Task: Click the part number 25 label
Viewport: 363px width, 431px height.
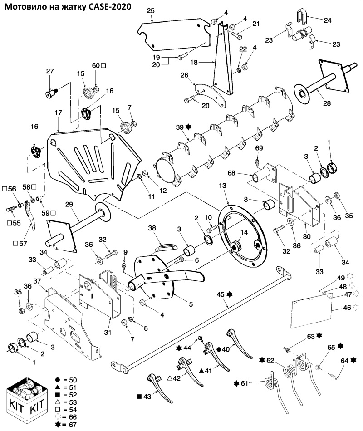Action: [151, 11]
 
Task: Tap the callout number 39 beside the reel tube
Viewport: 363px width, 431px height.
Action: [180, 127]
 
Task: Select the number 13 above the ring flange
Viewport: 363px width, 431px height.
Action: [222, 186]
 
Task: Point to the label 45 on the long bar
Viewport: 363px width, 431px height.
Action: [221, 294]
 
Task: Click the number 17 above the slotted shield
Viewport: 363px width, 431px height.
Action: [59, 113]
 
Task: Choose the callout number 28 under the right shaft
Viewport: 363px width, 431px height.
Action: [327, 103]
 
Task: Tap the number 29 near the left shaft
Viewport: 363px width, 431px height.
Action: [69, 204]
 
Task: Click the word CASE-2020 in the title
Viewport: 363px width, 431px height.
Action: [110, 7]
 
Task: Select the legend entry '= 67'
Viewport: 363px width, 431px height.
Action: [70, 425]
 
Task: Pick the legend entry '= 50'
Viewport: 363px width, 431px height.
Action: [70, 380]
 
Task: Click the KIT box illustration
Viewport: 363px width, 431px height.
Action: [25, 401]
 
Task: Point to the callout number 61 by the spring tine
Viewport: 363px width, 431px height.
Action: [245, 383]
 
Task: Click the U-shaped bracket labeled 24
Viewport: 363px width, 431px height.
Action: [302, 16]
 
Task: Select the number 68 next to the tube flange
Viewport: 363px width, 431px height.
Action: [232, 173]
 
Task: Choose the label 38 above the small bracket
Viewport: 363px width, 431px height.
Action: [152, 228]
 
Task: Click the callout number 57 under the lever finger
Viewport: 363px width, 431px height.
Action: [24, 244]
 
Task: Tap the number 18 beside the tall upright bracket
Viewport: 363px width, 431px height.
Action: [194, 63]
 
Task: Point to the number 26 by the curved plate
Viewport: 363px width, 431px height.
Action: [185, 75]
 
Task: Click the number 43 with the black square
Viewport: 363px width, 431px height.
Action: [147, 397]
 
